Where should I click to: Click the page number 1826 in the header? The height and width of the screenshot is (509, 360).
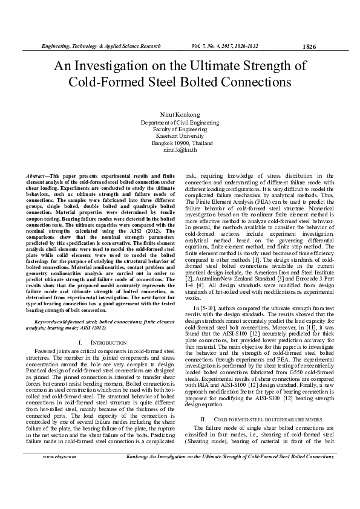[308, 46]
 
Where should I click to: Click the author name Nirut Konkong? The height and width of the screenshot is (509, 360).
[180, 114]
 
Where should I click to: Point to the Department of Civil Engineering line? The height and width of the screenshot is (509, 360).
[180, 122]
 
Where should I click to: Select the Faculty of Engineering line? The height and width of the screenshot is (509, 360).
[180, 129]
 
